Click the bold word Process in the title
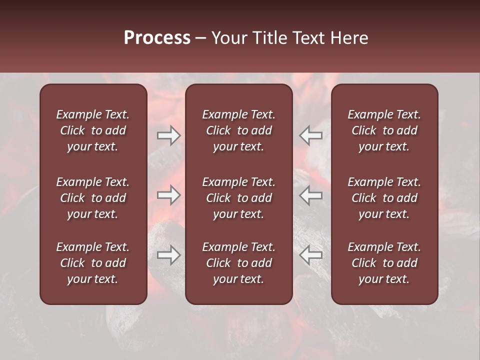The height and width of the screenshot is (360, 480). (x=157, y=38)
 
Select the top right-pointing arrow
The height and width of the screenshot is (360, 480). (x=169, y=135)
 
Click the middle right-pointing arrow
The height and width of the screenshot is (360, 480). (x=169, y=195)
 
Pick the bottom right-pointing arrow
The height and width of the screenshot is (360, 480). (x=169, y=255)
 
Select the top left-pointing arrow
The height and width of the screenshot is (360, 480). (x=310, y=135)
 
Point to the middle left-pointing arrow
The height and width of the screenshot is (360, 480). (x=310, y=195)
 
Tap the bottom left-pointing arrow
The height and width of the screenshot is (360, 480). (x=310, y=255)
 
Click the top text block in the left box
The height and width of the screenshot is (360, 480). (x=93, y=130)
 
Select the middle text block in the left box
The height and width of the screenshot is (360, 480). (x=93, y=198)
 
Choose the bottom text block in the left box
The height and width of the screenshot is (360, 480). (x=93, y=263)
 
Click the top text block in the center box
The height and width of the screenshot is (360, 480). (x=238, y=130)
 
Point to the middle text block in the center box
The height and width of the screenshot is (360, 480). (x=238, y=198)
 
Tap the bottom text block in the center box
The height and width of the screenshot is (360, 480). (x=238, y=263)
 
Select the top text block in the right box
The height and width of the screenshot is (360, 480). (x=384, y=130)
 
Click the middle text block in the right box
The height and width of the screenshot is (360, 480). (x=384, y=198)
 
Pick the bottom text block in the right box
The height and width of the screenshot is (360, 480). (x=384, y=263)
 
